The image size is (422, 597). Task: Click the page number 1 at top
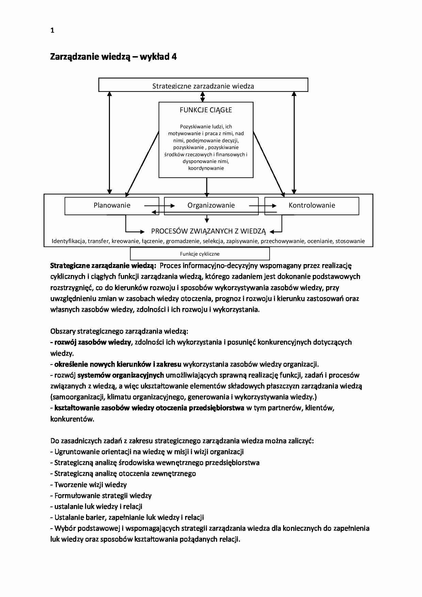(x=52, y=30)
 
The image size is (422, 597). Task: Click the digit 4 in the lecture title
(x=174, y=57)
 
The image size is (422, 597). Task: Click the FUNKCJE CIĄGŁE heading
(x=206, y=110)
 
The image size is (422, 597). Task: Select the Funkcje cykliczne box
(x=200, y=254)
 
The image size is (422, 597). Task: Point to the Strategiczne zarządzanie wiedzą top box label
(x=203, y=86)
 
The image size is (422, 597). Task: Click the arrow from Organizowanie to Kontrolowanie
(x=262, y=206)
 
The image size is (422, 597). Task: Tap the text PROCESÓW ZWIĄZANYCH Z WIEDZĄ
(x=208, y=231)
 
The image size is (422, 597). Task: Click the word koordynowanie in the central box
(x=206, y=168)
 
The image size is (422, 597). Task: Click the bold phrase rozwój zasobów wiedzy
(x=93, y=342)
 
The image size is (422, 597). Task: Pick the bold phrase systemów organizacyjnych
(x=121, y=375)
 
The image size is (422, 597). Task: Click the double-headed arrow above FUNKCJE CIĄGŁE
(x=203, y=97)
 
